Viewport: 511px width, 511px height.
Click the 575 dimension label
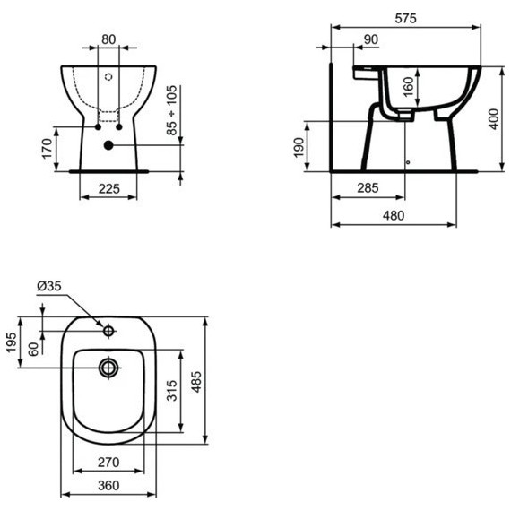[405, 19]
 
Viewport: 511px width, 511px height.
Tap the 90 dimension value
[371, 39]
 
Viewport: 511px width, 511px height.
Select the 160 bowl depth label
[408, 87]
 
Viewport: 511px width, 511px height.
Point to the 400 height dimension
[494, 119]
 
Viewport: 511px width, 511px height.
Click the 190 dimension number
[299, 148]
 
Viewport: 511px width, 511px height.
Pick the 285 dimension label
[368, 188]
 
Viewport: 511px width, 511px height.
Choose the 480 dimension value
[394, 215]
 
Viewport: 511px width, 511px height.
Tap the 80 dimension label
[108, 39]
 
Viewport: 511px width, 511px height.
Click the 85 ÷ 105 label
[171, 110]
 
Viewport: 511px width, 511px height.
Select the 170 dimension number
[47, 149]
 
